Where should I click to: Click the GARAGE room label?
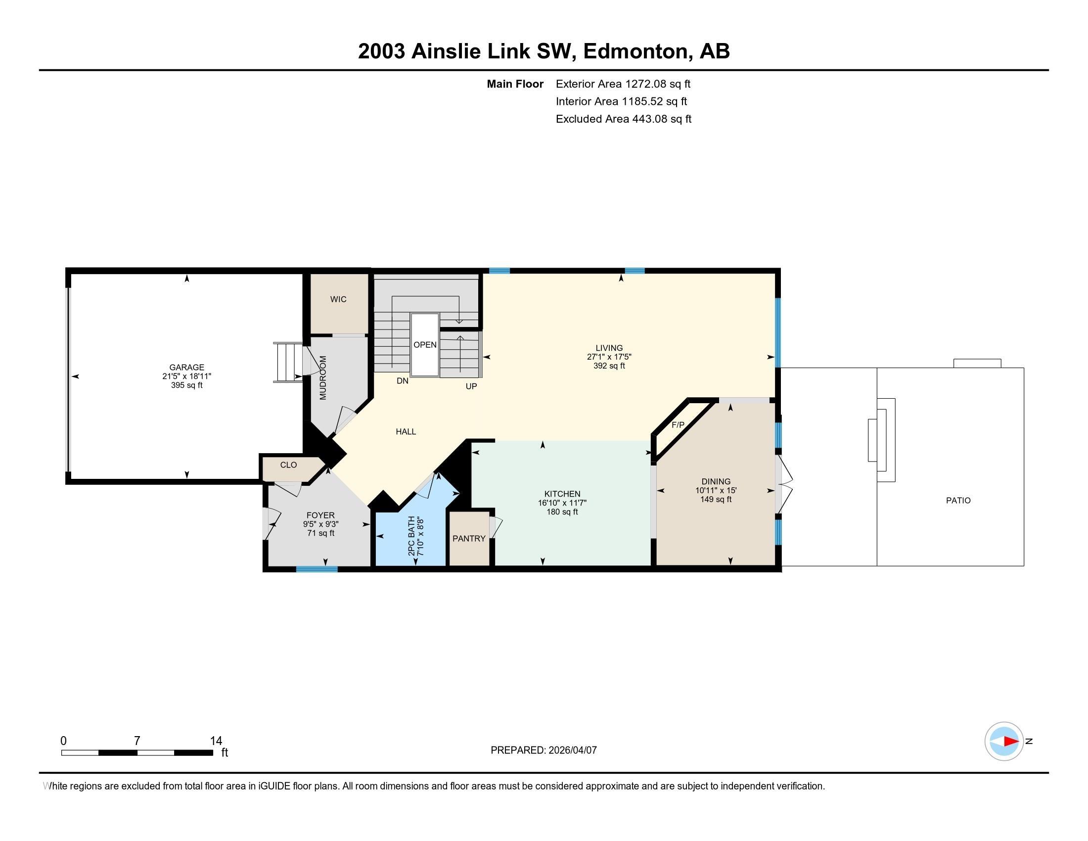pos(186,367)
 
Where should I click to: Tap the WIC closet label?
pos(338,299)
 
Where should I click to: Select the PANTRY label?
pos(469,539)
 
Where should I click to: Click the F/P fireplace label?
pos(678,425)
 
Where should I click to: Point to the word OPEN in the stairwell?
pos(425,345)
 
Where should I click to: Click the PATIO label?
pos(958,500)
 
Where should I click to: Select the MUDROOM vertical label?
pos(323,377)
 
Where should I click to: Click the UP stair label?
pos(471,386)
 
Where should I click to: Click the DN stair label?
pos(403,381)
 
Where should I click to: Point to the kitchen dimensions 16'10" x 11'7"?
pos(562,503)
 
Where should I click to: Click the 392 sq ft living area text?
pos(609,366)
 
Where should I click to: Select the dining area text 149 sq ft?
pos(716,499)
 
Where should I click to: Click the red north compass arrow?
pos(1011,742)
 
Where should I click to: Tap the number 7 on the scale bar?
pos(137,741)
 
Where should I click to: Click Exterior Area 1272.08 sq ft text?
pos(623,84)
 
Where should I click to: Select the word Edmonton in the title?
pos(635,51)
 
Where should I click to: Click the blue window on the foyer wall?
pos(317,569)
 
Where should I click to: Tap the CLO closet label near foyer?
pos(288,465)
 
